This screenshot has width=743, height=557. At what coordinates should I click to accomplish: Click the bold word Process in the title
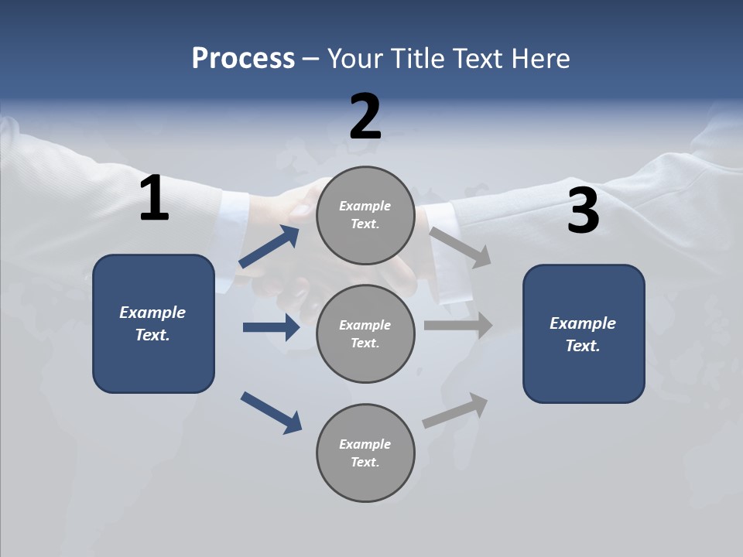click(x=243, y=59)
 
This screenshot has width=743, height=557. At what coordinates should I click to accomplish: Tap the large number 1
click(x=154, y=199)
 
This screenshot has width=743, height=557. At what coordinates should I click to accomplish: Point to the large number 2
click(x=365, y=117)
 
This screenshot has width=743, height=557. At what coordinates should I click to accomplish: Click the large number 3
click(x=584, y=210)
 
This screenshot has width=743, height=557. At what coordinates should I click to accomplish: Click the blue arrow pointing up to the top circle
click(x=269, y=247)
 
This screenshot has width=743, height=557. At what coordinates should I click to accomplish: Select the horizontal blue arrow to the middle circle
click(x=271, y=327)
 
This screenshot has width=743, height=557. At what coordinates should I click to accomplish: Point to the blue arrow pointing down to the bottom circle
click(x=271, y=412)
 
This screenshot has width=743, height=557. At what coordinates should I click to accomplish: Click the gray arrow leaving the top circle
click(x=461, y=247)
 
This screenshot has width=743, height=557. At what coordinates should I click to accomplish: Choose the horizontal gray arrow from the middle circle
click(x=458, y=326)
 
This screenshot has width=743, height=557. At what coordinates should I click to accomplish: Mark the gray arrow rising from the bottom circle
click(x=456, y=410)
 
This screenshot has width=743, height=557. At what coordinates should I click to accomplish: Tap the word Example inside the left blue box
click(x=152, y=313)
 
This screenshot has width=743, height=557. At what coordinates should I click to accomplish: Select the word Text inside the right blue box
click(x=582, y=346)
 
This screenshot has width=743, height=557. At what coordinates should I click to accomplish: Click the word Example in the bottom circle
click(x=365, y=444)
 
